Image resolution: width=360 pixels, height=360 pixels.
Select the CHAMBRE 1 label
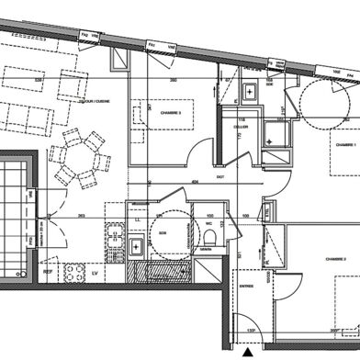click(x=344, y=145)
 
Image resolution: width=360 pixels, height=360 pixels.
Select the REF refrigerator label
click(x=47, y=272)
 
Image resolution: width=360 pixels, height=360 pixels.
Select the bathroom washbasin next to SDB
click(x=136, y=246)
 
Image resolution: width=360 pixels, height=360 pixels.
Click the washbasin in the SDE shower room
click(x=250, y=92)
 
